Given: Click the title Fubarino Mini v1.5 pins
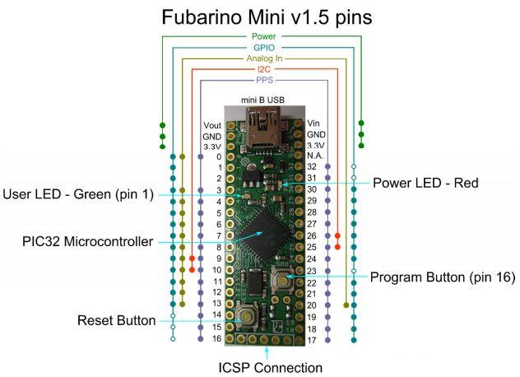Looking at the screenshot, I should (260, 16).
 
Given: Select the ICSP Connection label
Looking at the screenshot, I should (270, 367).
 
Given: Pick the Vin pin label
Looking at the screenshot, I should (315, 123).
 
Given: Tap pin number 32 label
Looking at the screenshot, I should (312, 166).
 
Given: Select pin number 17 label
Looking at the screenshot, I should (312, 339).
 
